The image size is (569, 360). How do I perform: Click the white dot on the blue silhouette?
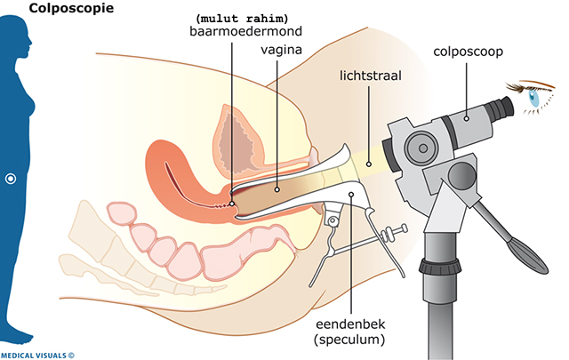[x=11, y=179]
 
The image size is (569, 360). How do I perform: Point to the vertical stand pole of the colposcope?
[x=444, y=302]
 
